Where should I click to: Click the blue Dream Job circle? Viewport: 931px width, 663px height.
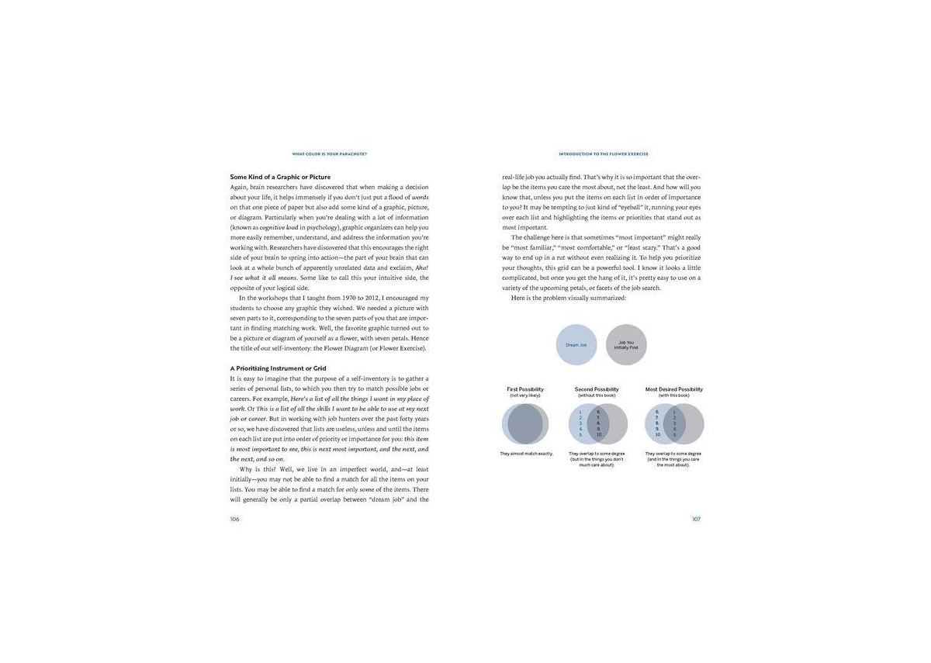576,344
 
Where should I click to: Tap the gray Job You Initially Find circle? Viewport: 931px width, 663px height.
626,344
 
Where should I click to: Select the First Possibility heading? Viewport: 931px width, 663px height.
525,389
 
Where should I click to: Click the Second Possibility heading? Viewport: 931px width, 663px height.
597,389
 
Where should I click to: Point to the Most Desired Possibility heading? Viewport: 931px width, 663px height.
674,389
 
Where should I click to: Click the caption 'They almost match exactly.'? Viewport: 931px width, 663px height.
526,453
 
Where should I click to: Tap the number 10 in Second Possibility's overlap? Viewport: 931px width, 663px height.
599,435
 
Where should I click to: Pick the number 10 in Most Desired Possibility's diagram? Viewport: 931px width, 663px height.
657,435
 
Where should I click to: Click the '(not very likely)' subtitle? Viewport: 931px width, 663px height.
525,395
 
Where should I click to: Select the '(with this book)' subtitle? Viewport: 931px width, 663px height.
674,395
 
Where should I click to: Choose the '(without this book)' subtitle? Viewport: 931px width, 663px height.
597,395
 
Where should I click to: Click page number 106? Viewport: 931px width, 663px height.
235,519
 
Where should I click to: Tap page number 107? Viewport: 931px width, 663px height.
696,519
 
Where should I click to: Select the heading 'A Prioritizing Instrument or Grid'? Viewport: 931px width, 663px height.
278,368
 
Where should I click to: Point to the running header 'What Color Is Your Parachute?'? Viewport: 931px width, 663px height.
329,154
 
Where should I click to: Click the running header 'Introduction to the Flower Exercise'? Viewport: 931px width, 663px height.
603,154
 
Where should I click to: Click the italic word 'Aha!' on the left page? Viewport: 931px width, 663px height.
421,268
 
